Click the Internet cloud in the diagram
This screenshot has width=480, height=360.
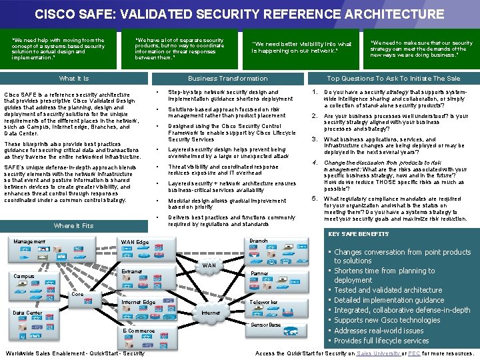click(211, 312)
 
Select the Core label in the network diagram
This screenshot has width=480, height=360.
click(77, 294)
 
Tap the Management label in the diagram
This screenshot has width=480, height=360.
click(29, 242)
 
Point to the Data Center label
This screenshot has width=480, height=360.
click(27, 313)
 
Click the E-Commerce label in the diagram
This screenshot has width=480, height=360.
click(139, 331)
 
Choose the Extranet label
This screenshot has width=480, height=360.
click(131, 271)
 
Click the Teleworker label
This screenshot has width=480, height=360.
click(263, 302)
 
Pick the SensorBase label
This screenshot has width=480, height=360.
click(265, 325)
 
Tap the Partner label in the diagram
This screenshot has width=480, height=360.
click(259, 273)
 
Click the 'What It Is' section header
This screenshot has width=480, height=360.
click(73, 79)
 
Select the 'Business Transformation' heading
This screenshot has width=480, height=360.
click(227, 79)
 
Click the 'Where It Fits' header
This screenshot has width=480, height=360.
click(73, 226)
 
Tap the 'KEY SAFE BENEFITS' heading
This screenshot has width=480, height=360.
click(359, 234)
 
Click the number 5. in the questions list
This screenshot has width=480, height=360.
click(315, 198)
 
